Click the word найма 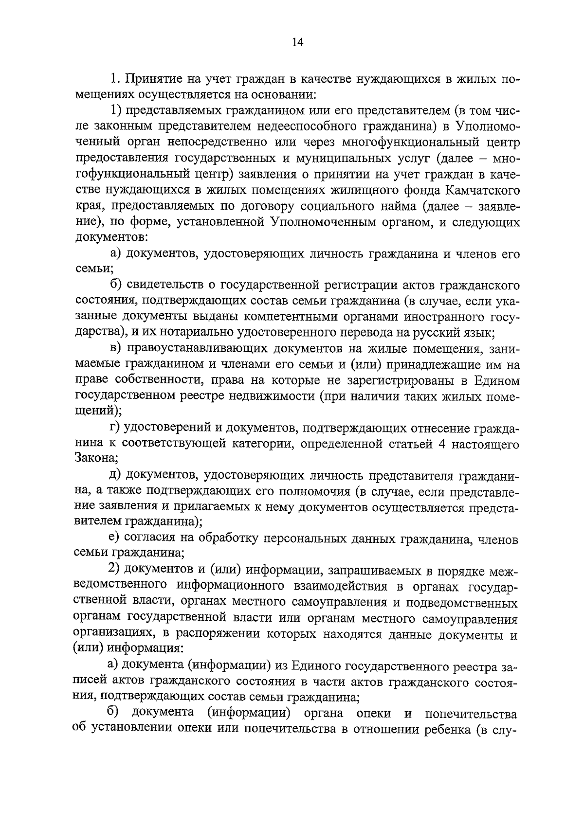397,207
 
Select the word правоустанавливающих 197,349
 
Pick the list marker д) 115,475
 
